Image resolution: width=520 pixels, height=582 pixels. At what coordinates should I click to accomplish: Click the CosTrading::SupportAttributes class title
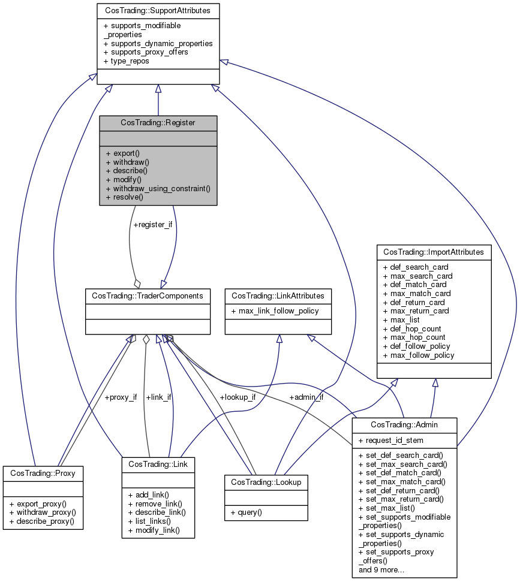158,11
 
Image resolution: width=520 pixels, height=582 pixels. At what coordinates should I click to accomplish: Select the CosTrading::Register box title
158,122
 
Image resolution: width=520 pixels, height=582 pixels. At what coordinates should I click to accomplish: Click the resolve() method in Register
124,197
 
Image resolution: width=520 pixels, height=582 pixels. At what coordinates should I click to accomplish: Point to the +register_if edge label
152,225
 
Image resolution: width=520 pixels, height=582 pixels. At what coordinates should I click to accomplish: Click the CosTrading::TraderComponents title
148,295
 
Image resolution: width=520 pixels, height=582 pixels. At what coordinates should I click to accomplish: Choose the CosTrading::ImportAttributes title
433,252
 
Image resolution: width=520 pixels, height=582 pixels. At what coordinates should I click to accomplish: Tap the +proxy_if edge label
121,397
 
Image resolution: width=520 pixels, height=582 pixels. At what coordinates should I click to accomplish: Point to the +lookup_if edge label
238,397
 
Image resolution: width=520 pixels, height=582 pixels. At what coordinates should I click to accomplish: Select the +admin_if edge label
306,397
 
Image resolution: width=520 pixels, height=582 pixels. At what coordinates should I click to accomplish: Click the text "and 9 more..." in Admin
381,569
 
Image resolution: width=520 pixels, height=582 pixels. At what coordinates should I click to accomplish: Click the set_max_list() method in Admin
390,508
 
